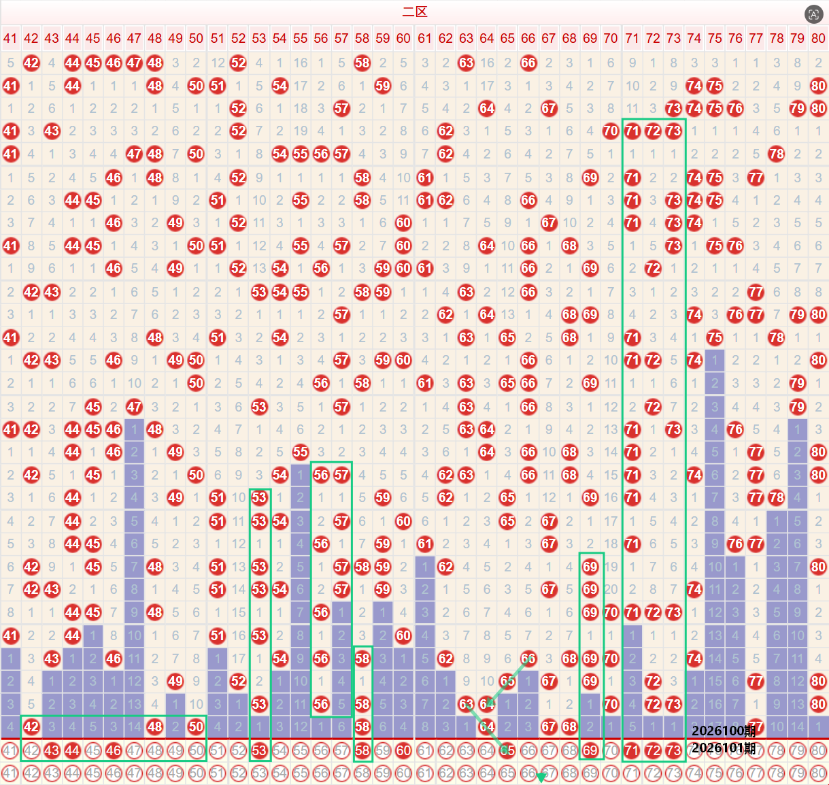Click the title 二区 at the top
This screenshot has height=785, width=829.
pos(415,12)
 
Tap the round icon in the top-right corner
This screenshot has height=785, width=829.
pos(813,14)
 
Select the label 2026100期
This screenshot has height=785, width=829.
pos(724,731)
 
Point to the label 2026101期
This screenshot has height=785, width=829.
pos(724,748)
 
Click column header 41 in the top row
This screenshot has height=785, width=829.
pos(10,38)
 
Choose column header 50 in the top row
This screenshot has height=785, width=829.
pos(196,38)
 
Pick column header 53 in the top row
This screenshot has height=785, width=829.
pos(259,38)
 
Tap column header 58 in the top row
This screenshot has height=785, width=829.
pos(362,38)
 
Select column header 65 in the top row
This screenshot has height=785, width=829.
pos(507,38)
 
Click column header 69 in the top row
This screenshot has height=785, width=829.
pos(590,38)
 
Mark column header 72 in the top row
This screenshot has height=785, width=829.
pos(653,38)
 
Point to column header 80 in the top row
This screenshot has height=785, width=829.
pos(818,38)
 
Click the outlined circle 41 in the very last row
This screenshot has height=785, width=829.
pos(10,773)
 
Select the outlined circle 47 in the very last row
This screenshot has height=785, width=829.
pos(134,773)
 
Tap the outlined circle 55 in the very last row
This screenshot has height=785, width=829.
pos(300,773)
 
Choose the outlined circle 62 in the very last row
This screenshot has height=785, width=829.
pos(445,773)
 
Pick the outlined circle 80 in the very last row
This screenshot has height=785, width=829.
pos(818,773)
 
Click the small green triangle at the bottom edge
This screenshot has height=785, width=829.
pos(541,778)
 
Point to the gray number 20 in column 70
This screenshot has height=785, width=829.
pos(611,589)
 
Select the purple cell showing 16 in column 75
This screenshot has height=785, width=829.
pos(715,704)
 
